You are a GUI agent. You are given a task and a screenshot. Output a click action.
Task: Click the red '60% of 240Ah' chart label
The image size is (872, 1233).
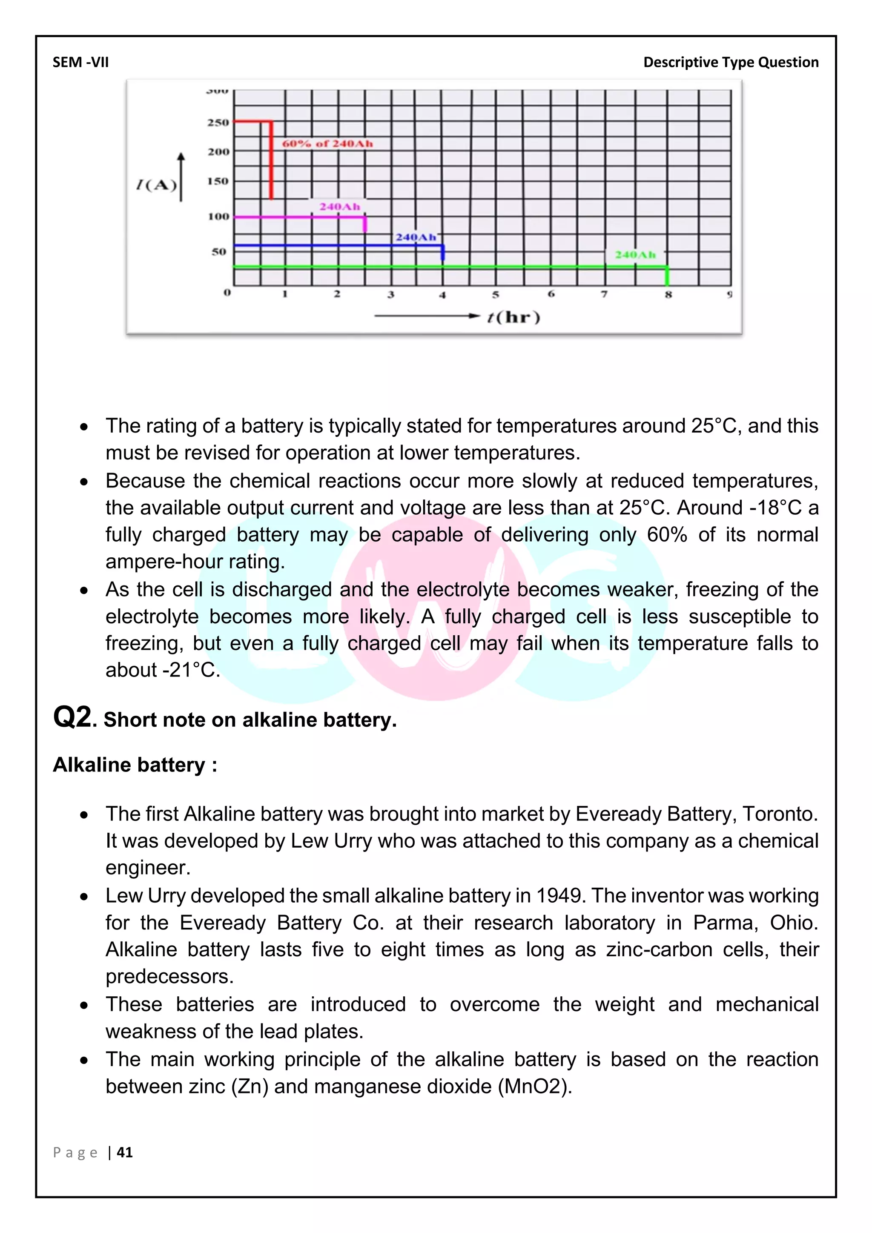click(327, 143)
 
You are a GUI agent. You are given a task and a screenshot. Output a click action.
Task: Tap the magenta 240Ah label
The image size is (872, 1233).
click(339, 207)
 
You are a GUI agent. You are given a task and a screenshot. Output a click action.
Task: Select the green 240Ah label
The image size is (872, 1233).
click(635, 255)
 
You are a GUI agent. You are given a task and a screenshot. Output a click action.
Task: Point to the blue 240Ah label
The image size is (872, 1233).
click(416, 237)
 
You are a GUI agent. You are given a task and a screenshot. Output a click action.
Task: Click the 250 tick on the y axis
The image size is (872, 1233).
click(218, 123)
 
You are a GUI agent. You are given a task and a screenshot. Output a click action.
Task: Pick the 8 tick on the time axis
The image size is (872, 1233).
click(668, 294)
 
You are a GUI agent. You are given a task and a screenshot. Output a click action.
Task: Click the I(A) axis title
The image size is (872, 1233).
click(156, 185)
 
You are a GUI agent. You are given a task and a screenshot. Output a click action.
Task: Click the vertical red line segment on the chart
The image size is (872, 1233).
click(271, 161)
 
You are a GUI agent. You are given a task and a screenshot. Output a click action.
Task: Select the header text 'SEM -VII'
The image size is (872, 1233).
click(80, 62)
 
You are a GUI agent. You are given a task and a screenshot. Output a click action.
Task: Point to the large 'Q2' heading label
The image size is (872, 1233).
click(72, 717)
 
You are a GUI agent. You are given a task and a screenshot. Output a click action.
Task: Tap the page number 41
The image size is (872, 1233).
click(125, 1152)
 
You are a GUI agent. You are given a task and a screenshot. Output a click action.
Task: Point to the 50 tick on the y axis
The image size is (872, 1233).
click(218, 251)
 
